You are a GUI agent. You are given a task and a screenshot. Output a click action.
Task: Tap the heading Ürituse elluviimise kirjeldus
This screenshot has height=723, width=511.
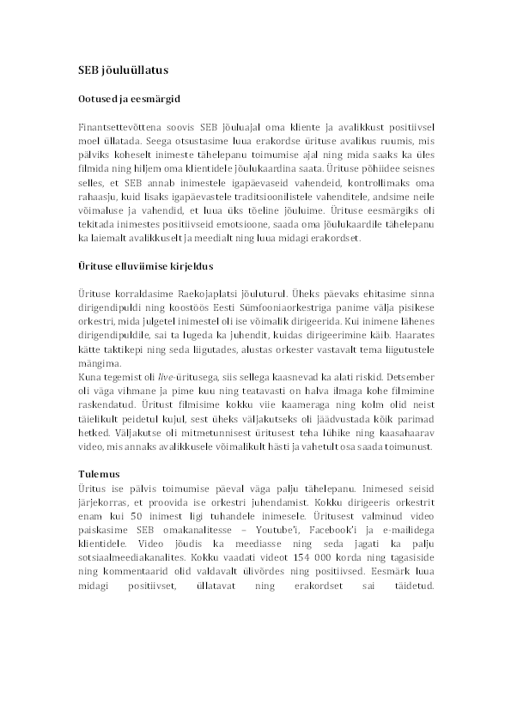pyautogui.click(x=144, y=267)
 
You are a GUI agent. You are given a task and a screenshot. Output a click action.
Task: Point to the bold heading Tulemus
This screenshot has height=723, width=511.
pyautogui.click(x=98, y=473)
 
